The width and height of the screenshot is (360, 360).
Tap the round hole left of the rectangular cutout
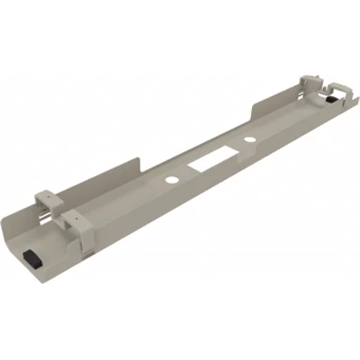[171, 180]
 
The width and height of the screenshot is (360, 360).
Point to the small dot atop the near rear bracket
[42, 191]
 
